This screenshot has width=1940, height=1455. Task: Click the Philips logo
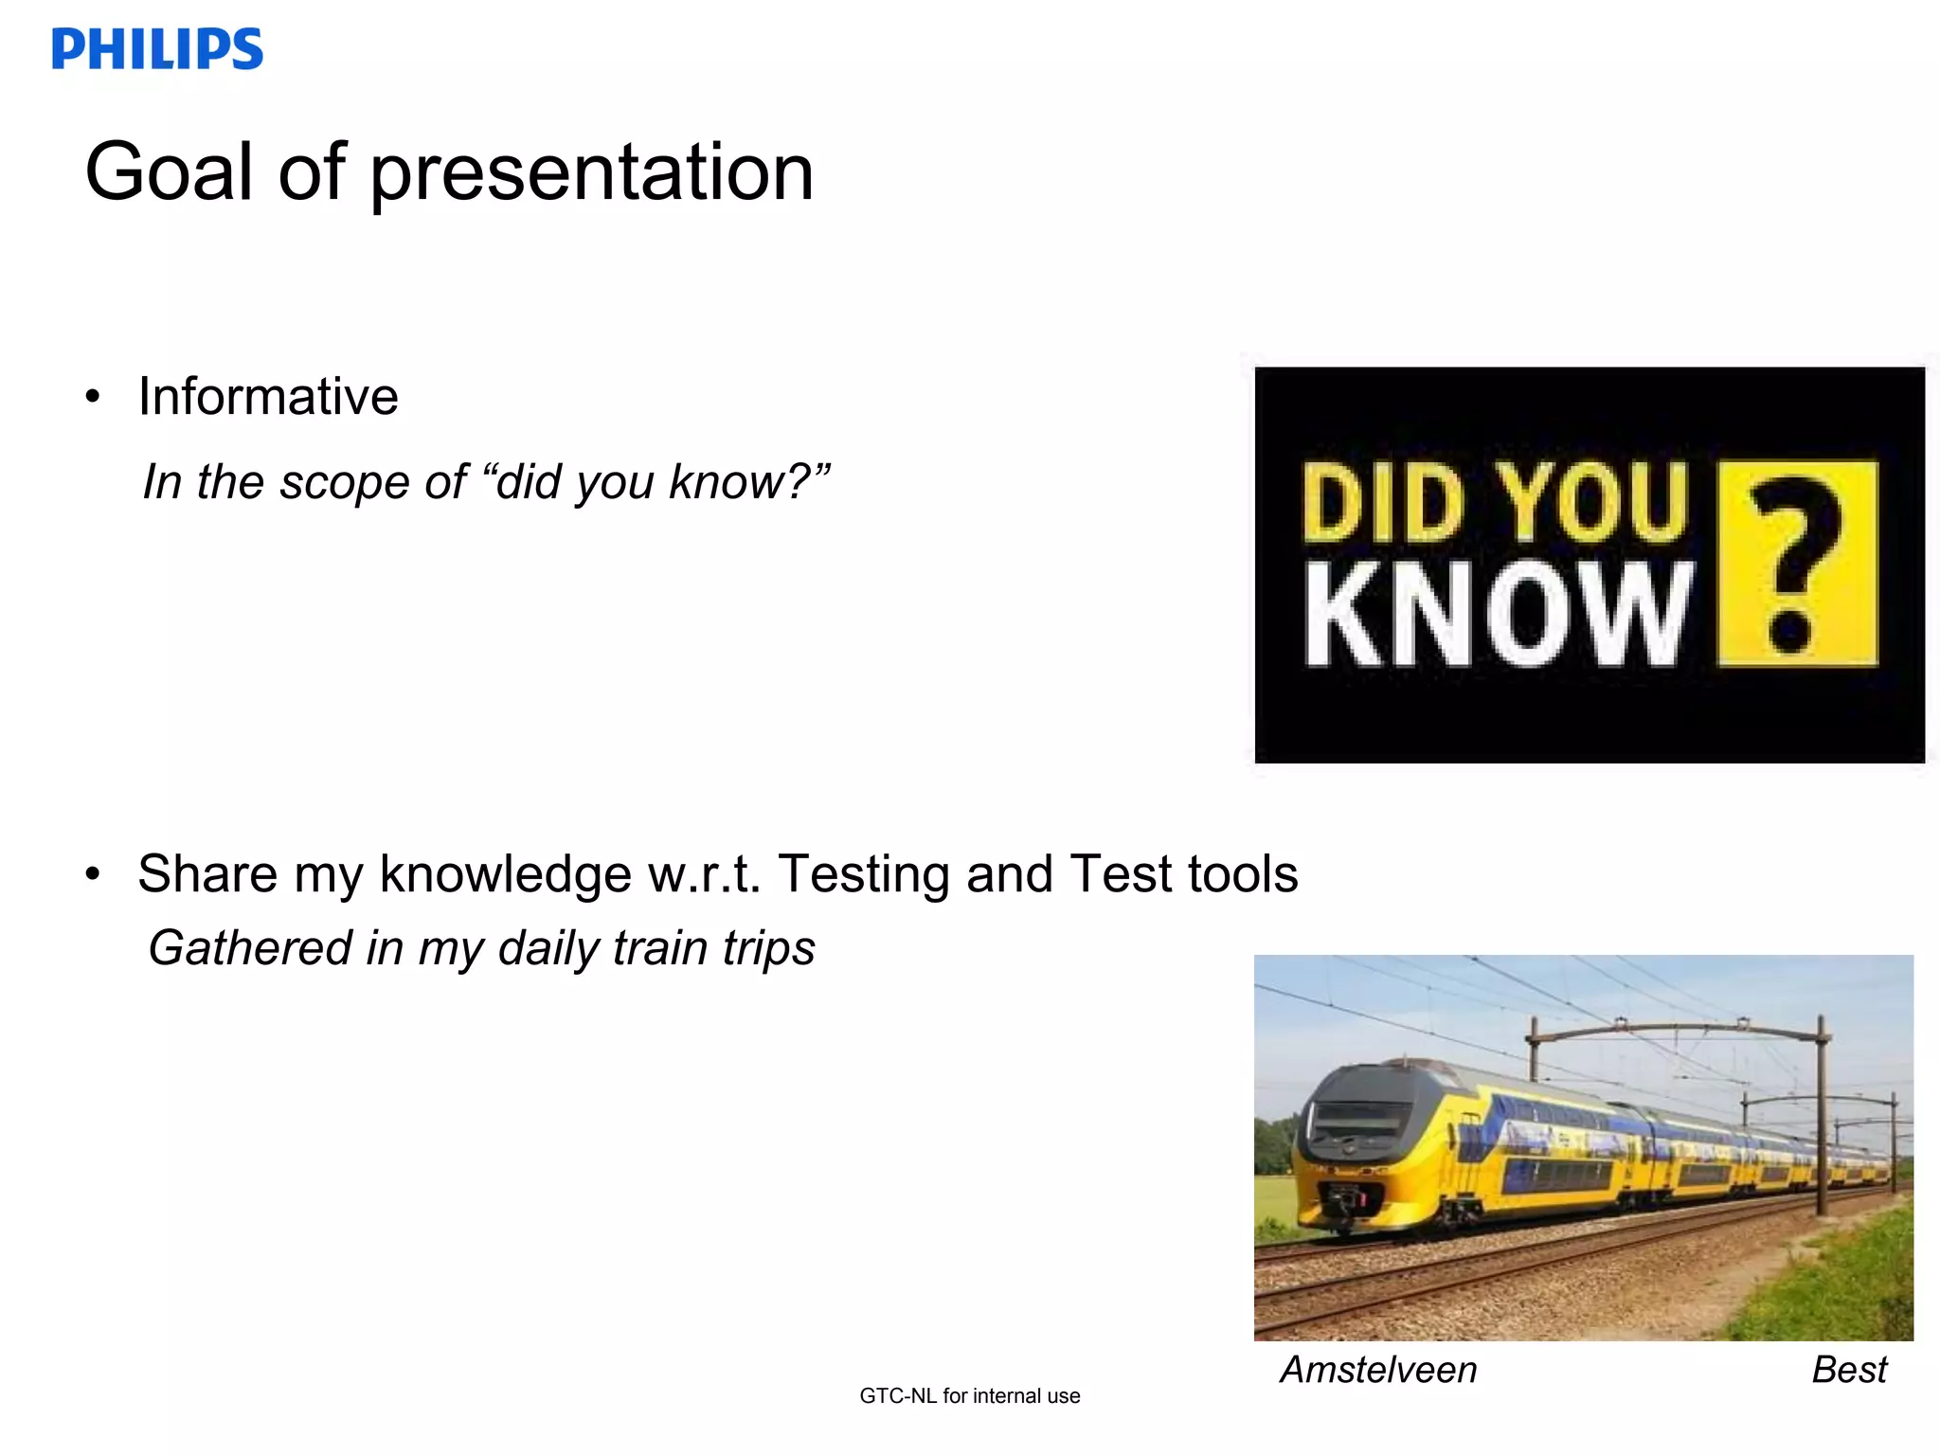[x=157, y=49]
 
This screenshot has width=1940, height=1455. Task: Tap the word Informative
[x=268, y=396]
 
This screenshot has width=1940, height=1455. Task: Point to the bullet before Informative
[x=92, y=397]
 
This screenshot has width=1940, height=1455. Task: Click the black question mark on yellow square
[x=1796, y=565]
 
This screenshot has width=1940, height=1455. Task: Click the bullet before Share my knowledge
[x=92, y=874]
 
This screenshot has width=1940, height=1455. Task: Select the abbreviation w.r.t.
[x=704, y=874]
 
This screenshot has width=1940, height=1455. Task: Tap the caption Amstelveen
[x=1378, y=1370]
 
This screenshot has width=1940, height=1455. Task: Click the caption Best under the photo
[x=1848, y=1370]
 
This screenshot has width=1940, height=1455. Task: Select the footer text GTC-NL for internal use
[x=969, y=1395]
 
